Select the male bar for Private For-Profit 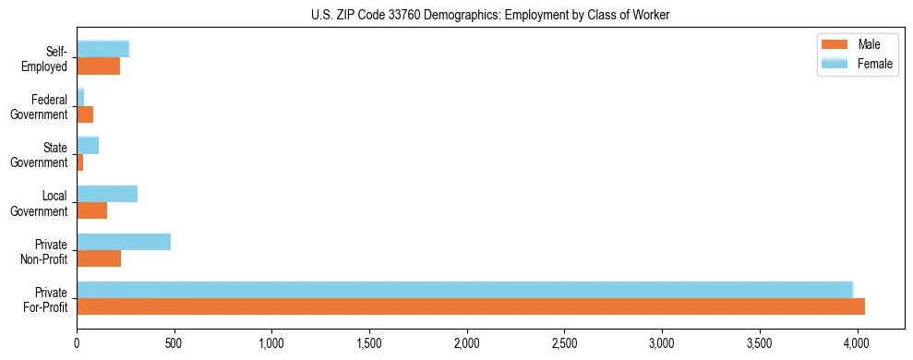coord(471,306)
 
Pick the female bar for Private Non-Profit coord(124,242)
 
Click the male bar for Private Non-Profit coord(99,258)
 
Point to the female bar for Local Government coord(107,194)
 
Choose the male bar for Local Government coord(91,210)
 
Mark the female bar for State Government coord(88,146)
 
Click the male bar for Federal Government coord(85,114)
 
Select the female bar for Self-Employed coord(102,49)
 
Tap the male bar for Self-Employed coord(98,66)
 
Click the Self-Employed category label coord(51,58)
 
